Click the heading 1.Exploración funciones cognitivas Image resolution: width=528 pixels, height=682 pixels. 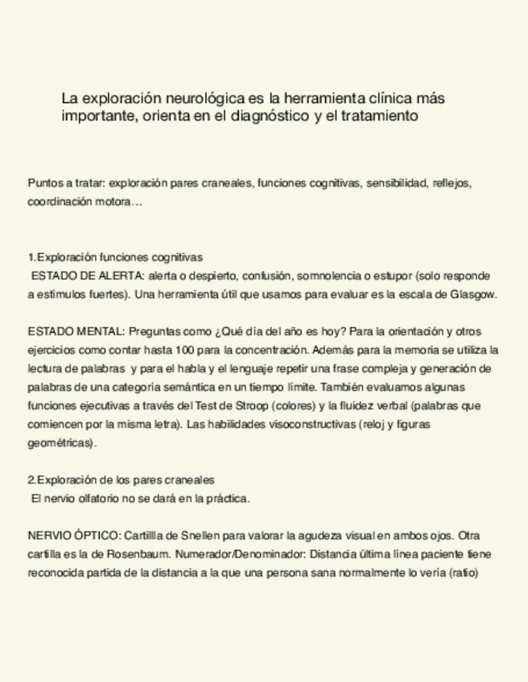coord(114,257)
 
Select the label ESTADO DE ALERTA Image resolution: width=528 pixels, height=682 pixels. coord(88,276)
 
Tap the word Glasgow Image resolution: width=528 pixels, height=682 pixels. coord(472,294)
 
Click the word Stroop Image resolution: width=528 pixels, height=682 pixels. coord(257,405)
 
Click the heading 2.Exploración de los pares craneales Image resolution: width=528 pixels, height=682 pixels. coord(121,479)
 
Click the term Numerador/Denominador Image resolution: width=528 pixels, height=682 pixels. coord(240,554)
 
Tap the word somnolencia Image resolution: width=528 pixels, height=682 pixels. coord(331,276)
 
